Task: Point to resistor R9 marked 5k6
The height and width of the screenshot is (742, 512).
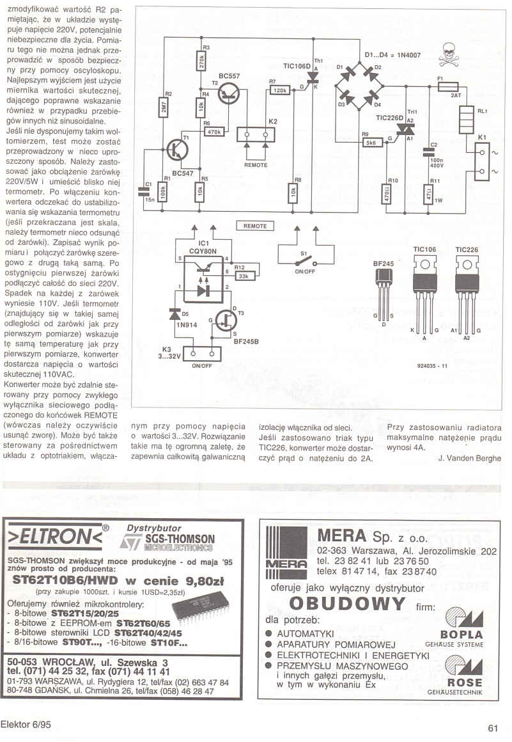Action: [x=369, y=143]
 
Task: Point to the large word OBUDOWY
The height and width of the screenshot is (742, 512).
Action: [x=347, y=604]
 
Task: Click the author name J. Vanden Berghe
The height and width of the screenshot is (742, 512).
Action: [x=470, y=458]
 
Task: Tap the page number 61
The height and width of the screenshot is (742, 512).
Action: [x=492, y=728]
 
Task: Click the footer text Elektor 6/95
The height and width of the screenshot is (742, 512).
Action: [x=26, y=725]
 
